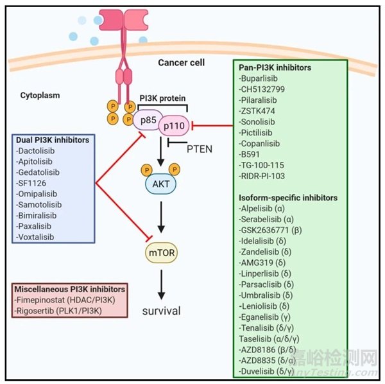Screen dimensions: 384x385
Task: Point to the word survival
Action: tap(161, 311)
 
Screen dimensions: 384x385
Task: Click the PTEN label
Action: tap(198, 150)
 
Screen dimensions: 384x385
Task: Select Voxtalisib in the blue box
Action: tap(42, 236)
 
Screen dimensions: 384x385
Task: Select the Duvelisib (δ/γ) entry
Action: tap(271, 371)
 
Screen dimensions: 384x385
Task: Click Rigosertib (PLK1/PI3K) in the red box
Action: tap(69, 312)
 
